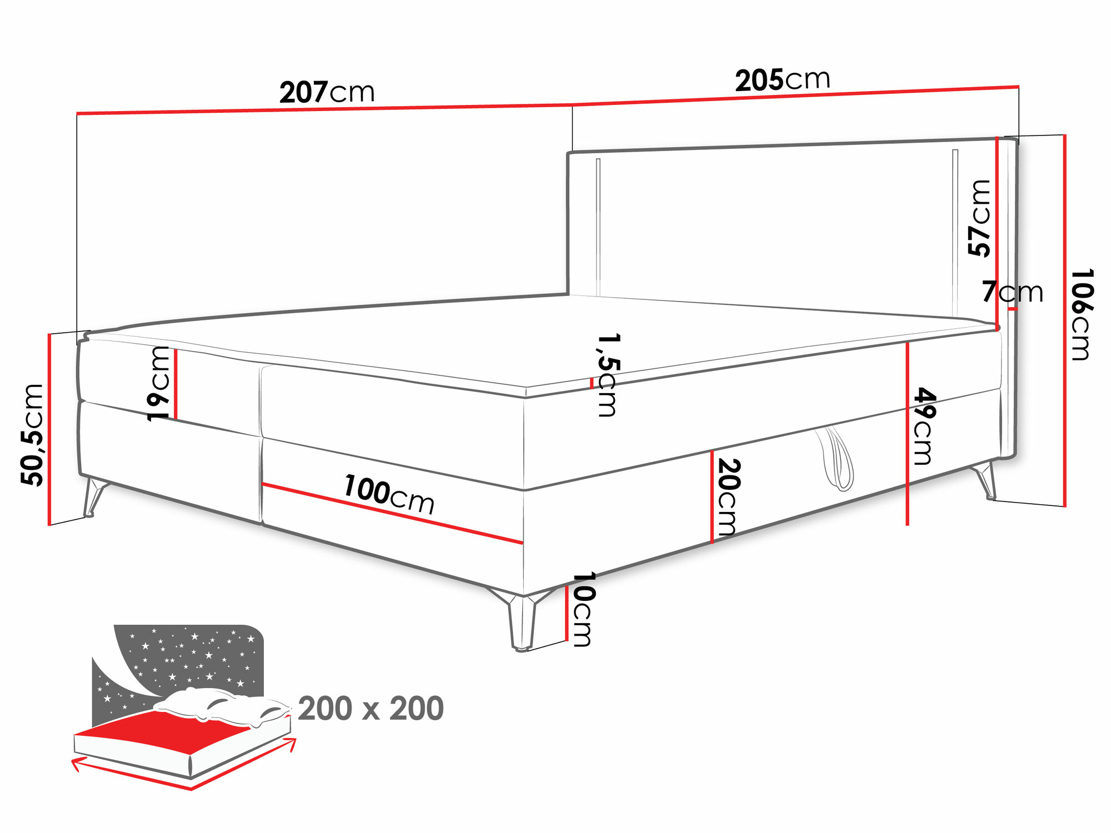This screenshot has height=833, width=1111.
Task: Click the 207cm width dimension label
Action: click(327, 92)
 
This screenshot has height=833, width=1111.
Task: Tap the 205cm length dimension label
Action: click(782, 80)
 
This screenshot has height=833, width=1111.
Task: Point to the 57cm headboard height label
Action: click(979, 218)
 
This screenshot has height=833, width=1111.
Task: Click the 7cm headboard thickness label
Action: click(1012, 292)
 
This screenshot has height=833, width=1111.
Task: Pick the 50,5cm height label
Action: click(32, 434)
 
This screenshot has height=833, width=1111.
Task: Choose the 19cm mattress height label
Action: click(158, 383)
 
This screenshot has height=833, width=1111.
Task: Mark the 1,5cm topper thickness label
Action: click(607, 375)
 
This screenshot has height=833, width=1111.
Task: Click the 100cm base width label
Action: click(388, 494)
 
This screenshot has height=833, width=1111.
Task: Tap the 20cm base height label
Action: click(727, 496)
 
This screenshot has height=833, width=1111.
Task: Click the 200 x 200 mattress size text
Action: click(371, 709)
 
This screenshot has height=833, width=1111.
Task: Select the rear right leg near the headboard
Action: click(987, 481)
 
